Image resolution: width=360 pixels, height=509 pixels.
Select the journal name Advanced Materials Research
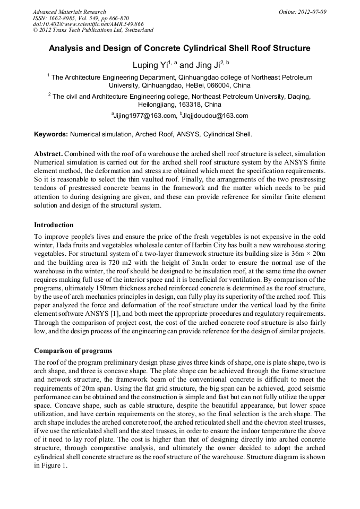click(x=69, y=12)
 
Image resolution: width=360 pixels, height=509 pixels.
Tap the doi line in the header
click(x=88, y=24)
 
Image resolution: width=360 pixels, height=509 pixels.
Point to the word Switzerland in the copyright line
click(x=134, y=31)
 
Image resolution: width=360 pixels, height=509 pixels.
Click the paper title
click(x=179, y=48)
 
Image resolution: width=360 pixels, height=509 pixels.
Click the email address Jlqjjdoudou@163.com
click(x=216, y=116)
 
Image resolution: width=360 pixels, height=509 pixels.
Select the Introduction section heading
click(x=54, y=225)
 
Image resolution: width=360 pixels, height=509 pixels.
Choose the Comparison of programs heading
click(x=73, y=351)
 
